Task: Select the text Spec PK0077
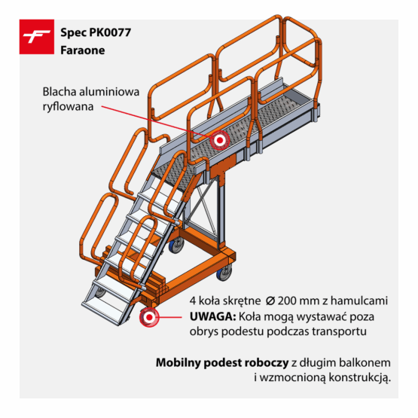93,34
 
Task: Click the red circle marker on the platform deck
220,139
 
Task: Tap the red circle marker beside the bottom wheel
149,318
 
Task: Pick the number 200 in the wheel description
281,301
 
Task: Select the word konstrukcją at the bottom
361,377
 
